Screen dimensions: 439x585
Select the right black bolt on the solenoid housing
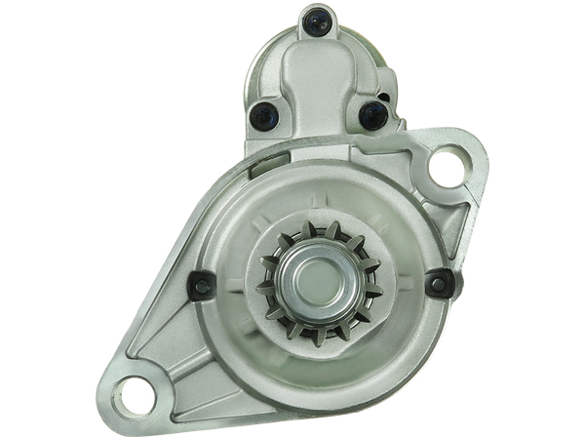(370, 117)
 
